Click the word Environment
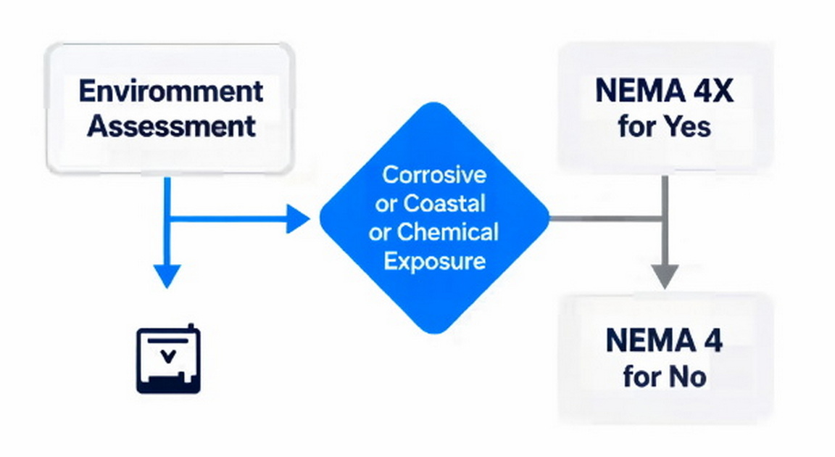point(170,92)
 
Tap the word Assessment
point(171,126)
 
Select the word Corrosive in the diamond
point(434,175)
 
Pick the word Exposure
point(434,260)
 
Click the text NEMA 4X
point(665,92)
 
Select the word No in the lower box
point(689,377)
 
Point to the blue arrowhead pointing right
point(298,218)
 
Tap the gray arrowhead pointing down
point(664,276)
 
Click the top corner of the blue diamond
point(434,104)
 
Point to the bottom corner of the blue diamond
point(434,332)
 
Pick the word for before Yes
point(636,127)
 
